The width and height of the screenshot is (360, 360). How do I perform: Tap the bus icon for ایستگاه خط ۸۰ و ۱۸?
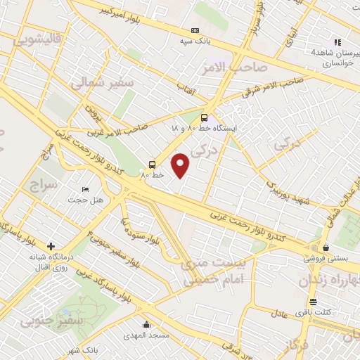[204, 117]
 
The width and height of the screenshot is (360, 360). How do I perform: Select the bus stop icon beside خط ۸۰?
[152, 165]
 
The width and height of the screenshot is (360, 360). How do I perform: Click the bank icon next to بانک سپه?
[195, 30]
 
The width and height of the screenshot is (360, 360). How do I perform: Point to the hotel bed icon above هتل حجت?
[86, 189]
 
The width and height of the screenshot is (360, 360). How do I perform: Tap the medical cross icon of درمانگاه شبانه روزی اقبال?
[51, 246]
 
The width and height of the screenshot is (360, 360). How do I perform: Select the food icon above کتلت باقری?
[303, 301]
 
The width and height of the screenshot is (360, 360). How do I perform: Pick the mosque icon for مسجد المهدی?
[146, 325]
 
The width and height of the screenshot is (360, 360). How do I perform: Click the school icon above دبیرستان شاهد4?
[338, 42]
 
